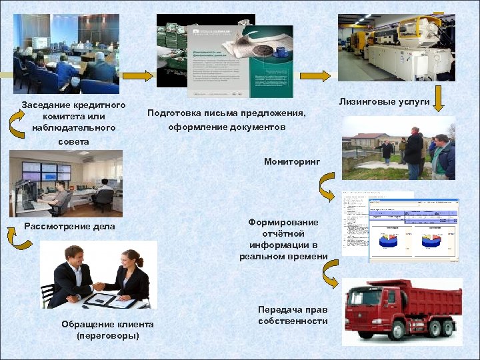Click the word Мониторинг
click(292, 161)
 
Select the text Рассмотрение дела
click(69, 226)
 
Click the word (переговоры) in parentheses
click(107, 335)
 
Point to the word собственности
click(293, 321)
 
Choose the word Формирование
click(283, 222)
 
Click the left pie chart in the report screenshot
click(387, 239)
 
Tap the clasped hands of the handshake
click(99, 286)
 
